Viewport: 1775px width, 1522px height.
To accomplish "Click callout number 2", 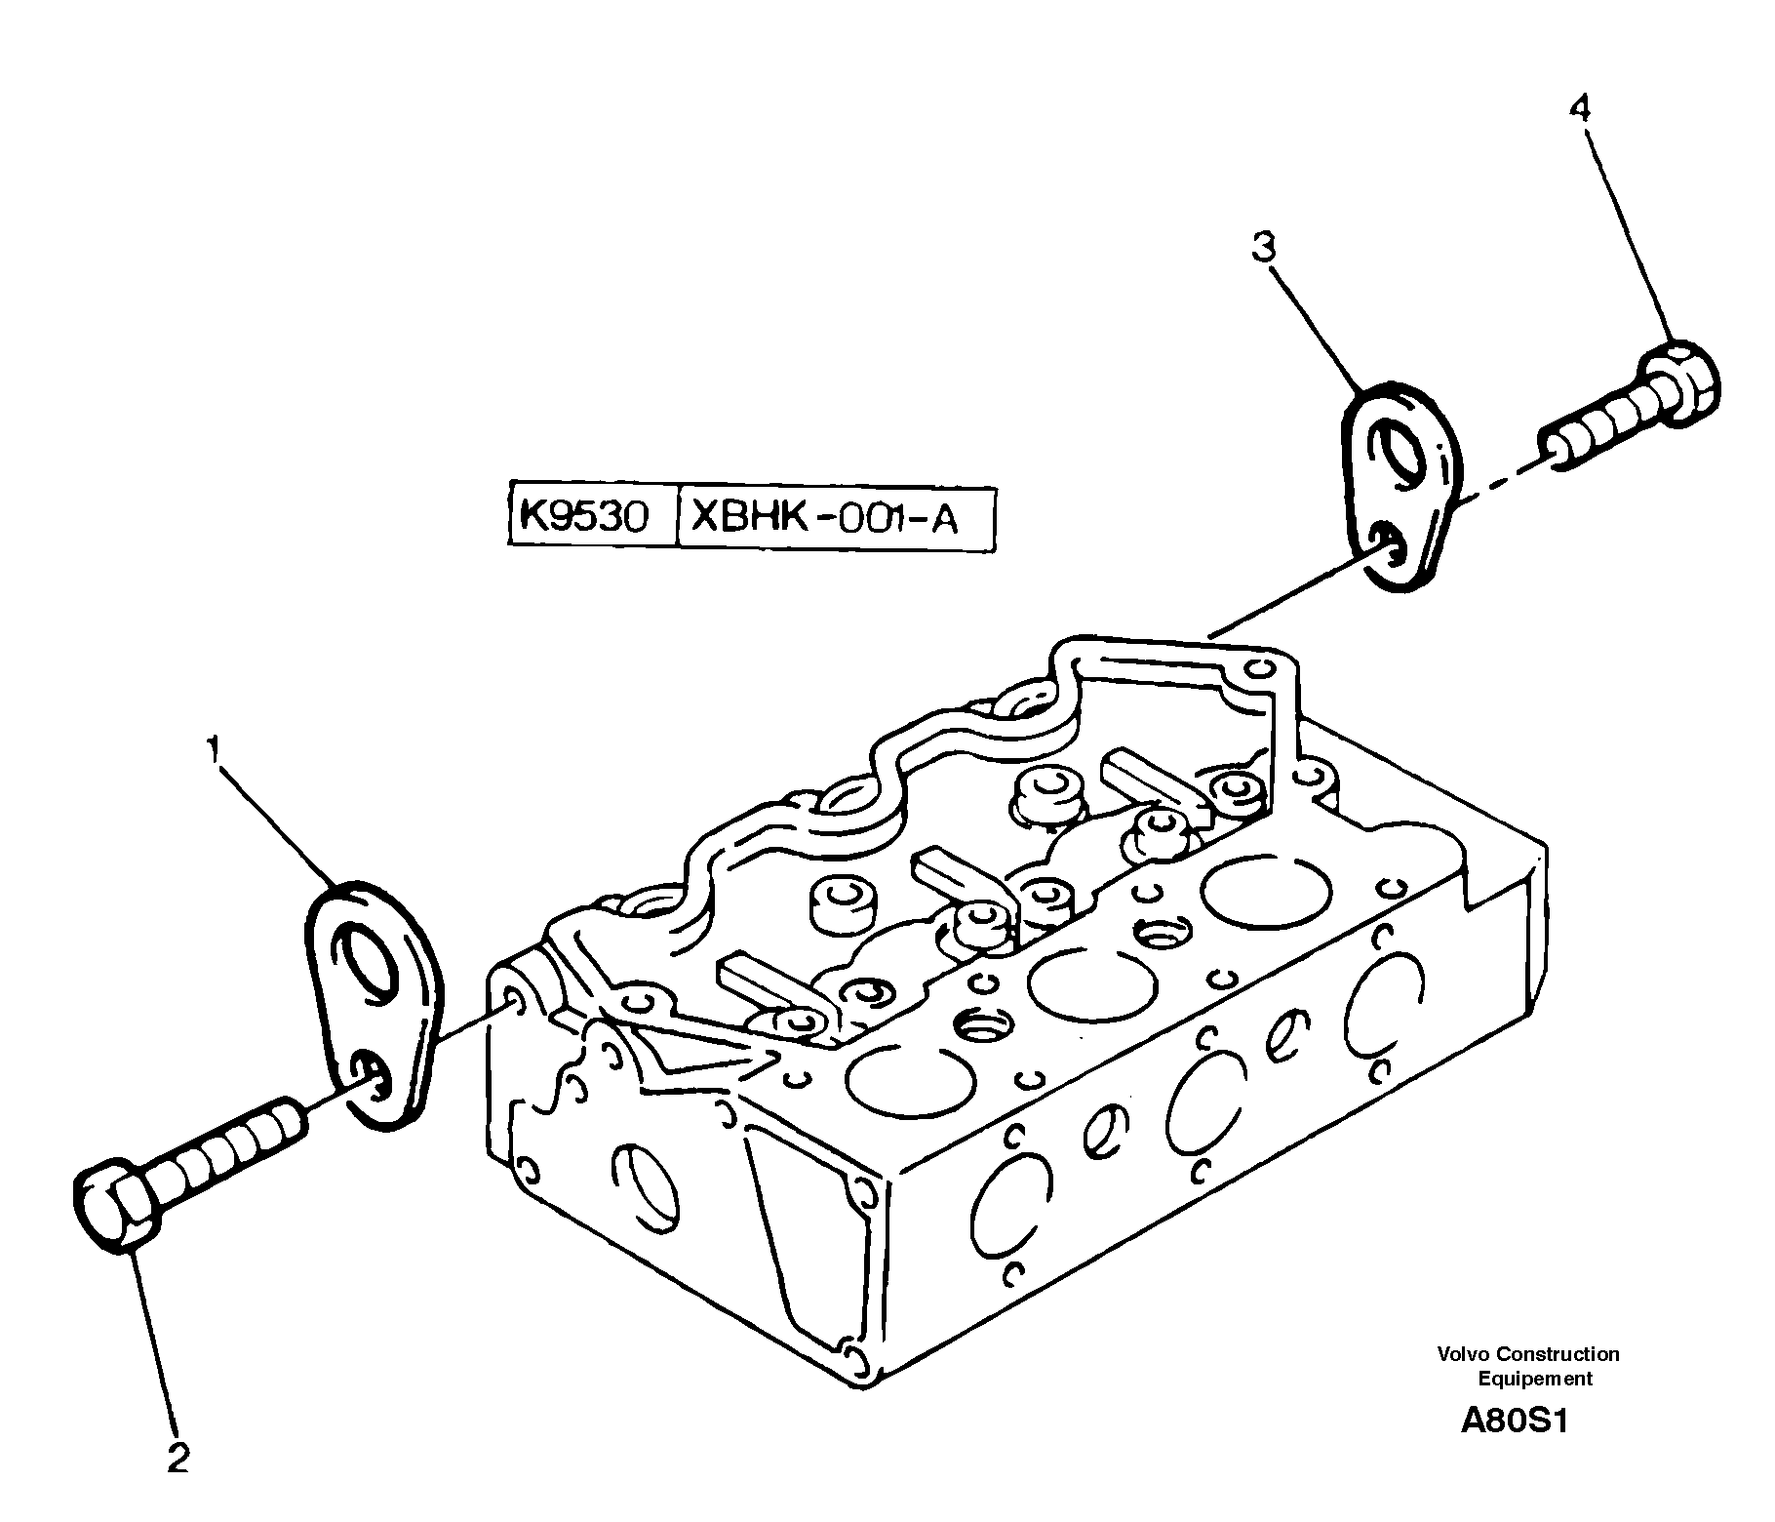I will click(178, 1459).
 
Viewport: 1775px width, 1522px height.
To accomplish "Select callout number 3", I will click(1263, 248).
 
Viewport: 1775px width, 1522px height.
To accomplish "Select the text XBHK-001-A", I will click(824, 516).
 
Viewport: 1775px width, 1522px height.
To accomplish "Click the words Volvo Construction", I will click(1527, 1353).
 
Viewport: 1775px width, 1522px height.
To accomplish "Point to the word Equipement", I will click(1534, 1379).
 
